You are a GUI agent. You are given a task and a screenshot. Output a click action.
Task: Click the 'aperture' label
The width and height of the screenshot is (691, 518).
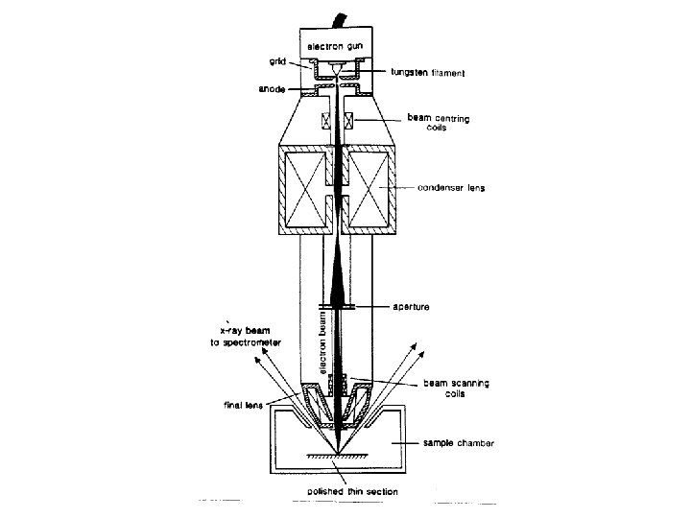pos(413,306)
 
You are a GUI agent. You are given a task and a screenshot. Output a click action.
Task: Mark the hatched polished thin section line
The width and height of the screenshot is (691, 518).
pos(338,458)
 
